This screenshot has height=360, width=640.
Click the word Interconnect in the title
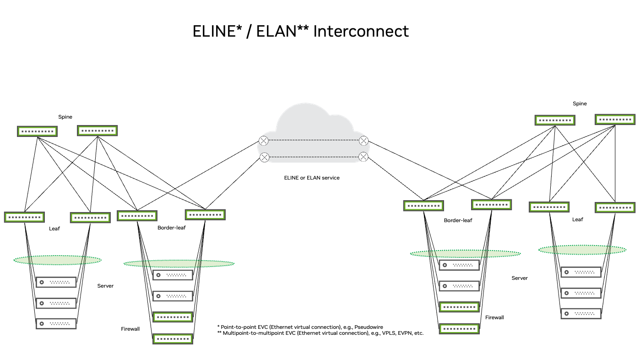[x=361, y=31]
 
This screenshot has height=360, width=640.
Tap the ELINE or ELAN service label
[x=312, y=178]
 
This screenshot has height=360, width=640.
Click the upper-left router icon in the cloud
[x=264, y=141]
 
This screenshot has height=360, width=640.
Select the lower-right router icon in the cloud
[x=363, y=157]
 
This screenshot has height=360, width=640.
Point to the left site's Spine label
[x=65, y=117]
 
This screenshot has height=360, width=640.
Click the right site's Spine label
[x=580, y=104]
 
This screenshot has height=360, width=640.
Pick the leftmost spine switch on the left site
[x=37, y=131]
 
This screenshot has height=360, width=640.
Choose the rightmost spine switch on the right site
[x=615, y=120]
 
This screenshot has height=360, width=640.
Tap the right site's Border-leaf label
[x=458, y=220]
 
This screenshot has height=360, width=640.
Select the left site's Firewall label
[x=130, y=329]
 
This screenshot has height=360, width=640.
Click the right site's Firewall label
[x=495, y=317]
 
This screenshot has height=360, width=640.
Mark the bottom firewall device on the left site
[x=173, y=339]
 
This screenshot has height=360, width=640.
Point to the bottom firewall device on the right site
[x=459, y=329]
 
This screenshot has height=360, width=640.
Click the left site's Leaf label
[x=54, y=228]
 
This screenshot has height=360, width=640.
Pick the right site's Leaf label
[x=578, y=219]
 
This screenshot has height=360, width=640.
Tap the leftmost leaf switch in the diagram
[x=24, y=217]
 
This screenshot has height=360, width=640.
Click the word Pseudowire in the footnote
[x=369, y=327]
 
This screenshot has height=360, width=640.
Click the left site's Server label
[x=105, y=286]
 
